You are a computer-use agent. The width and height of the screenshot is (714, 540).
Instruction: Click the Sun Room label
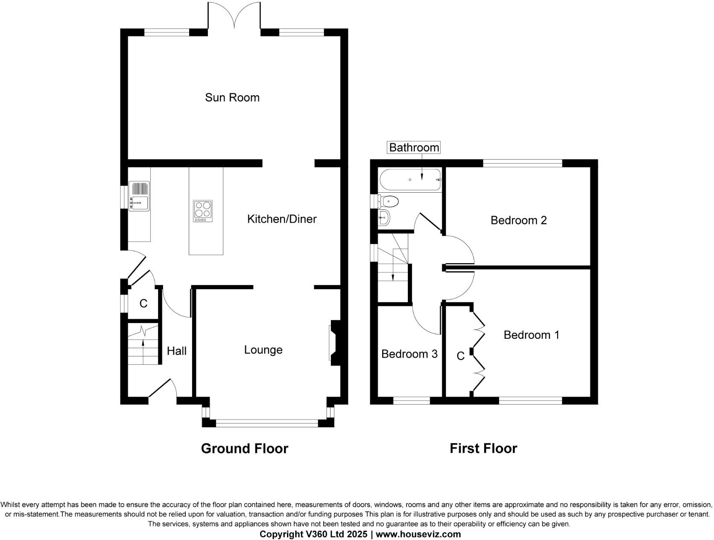pos(232,97)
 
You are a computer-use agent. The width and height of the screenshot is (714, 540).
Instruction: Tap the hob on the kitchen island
pos(203,211)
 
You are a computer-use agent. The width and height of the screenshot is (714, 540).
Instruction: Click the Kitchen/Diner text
pos(282,219)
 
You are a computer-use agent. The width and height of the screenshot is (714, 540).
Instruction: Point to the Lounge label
pos(263,350)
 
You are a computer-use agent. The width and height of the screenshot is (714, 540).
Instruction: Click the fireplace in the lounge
pos(334,343)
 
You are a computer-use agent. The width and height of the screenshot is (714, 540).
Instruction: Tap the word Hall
pos(176,351)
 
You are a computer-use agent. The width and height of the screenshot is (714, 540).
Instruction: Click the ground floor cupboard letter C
pos(143,303)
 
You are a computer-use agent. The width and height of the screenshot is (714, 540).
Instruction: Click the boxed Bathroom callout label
pos(414,147)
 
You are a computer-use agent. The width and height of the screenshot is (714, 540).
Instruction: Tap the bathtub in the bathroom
pos(410,180)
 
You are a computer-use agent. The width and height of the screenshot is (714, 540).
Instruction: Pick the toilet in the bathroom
pos(389,201)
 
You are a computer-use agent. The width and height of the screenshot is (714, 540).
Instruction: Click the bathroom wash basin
pos(384,218)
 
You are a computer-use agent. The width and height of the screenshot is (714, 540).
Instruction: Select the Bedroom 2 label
pos(518,220)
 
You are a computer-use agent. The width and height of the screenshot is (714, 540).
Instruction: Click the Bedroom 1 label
pos(531,335)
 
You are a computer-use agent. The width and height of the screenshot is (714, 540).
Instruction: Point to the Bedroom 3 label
pos(409,354)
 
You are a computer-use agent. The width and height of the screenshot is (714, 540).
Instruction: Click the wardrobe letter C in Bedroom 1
pos(460,356)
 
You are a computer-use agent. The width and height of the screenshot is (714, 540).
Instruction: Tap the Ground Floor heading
pos(244,448)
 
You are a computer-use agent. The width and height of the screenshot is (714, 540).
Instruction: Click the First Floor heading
pos(483,448)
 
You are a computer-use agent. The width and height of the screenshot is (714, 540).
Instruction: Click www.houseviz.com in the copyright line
pos(418,534)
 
